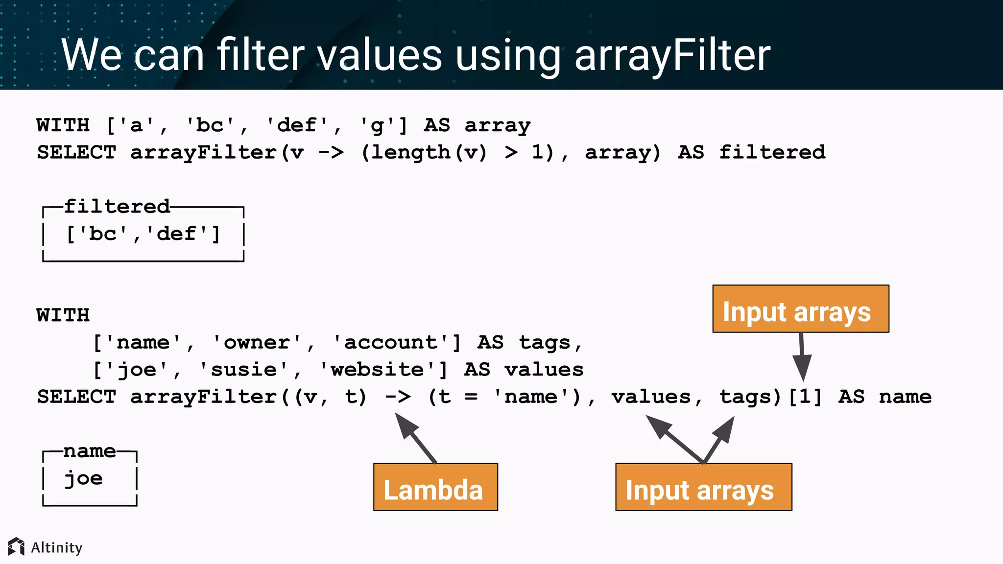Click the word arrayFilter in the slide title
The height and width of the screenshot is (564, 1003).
tap(672, 55)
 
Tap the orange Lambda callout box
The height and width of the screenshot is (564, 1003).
tap(435, 487)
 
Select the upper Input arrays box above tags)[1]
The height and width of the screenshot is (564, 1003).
tap(801, 309)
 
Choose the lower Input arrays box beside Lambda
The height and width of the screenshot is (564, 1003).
tap(704, 487)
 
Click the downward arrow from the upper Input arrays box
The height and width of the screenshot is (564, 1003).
tap(802, 357)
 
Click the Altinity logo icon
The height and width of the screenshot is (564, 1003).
tap(16, 546)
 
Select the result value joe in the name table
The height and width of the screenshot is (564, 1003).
tap(84, 478)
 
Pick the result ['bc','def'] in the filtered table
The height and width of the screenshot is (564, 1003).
tap(143, 234)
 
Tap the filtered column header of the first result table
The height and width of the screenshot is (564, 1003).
tap(117, 207)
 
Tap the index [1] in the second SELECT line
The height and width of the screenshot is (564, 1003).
tap(805, 397)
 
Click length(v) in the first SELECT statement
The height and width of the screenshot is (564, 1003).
tap(424, 152)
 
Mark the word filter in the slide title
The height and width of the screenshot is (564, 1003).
tap(261, 54)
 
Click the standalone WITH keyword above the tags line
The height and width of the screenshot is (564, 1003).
tap(63, 315)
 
